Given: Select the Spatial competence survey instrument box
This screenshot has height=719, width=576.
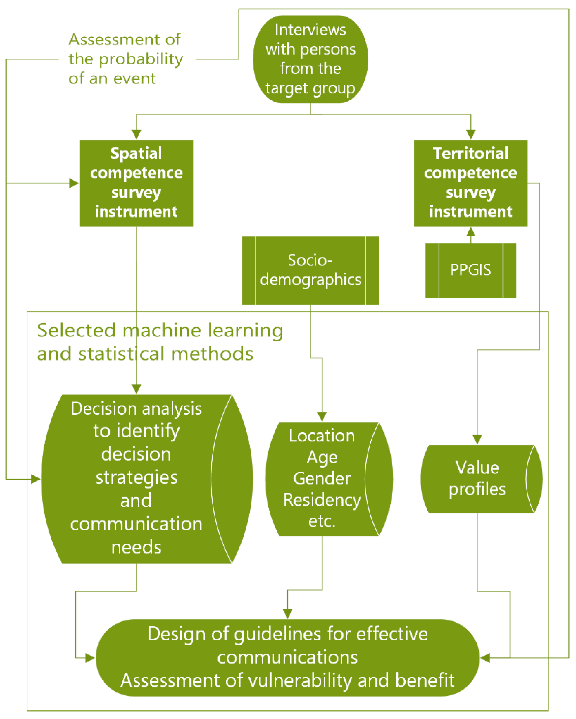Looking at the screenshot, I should pos(136,183).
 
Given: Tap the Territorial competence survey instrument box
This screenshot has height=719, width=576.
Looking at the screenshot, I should pos(470,183).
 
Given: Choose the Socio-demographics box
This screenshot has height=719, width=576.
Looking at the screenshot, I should pos(310,271).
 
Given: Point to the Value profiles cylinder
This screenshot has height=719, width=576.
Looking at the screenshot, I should pos(477,479).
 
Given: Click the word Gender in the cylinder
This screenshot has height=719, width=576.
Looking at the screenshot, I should pos(322,478).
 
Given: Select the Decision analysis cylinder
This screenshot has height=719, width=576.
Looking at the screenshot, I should pos(136,479).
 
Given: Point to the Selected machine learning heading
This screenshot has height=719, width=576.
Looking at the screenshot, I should pos(160,342).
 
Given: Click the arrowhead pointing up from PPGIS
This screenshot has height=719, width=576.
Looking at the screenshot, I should pos(470,231).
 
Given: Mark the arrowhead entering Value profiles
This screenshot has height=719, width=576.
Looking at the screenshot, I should pos(477,439).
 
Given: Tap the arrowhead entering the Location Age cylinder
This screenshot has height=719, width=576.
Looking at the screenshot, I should pos(322,417).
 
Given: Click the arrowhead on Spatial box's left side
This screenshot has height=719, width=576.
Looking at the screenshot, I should pos(74,183).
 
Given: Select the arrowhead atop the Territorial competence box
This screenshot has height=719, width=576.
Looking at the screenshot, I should pos(470,134).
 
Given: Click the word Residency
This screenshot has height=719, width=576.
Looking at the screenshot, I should pos(322,500).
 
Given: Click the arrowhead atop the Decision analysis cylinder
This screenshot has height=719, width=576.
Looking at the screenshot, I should pos(136,389).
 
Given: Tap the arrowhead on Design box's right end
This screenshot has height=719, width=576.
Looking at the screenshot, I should pos(485,658).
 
